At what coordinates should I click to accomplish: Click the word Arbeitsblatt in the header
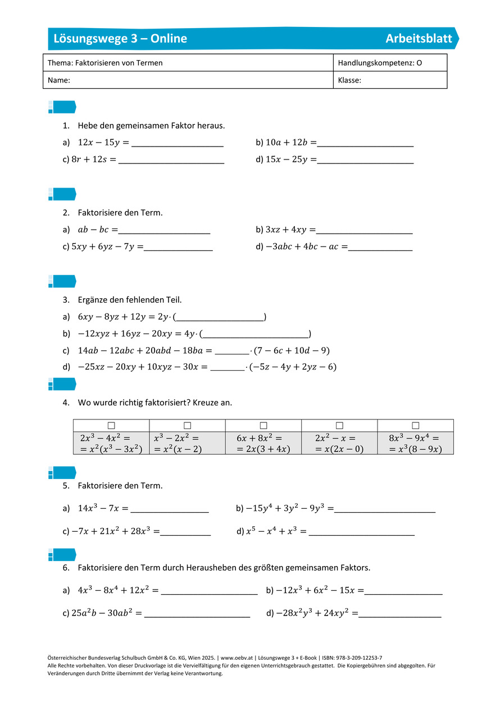click(x=419, y=38)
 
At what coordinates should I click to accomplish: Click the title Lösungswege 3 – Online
click(x=120, y=38)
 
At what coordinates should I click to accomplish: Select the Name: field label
click(x=59, y=80)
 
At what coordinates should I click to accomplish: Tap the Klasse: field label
click(x=349, y=80)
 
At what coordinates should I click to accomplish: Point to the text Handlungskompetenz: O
click(x=380, y=63)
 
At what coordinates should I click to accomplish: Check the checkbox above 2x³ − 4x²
click(x=111, y=426)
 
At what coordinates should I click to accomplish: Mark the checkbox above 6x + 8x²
click(x=263, y=426)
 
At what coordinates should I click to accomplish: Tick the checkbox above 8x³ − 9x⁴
click(x=415, y=426)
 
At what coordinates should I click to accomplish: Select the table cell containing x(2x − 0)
click(x=339, y=443)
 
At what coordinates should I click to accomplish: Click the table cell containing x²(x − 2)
click(x=187, y=443)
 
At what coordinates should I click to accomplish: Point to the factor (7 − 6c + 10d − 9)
click(x=292, y=350)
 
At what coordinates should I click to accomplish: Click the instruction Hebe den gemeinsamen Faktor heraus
click(x=151, y=126)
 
